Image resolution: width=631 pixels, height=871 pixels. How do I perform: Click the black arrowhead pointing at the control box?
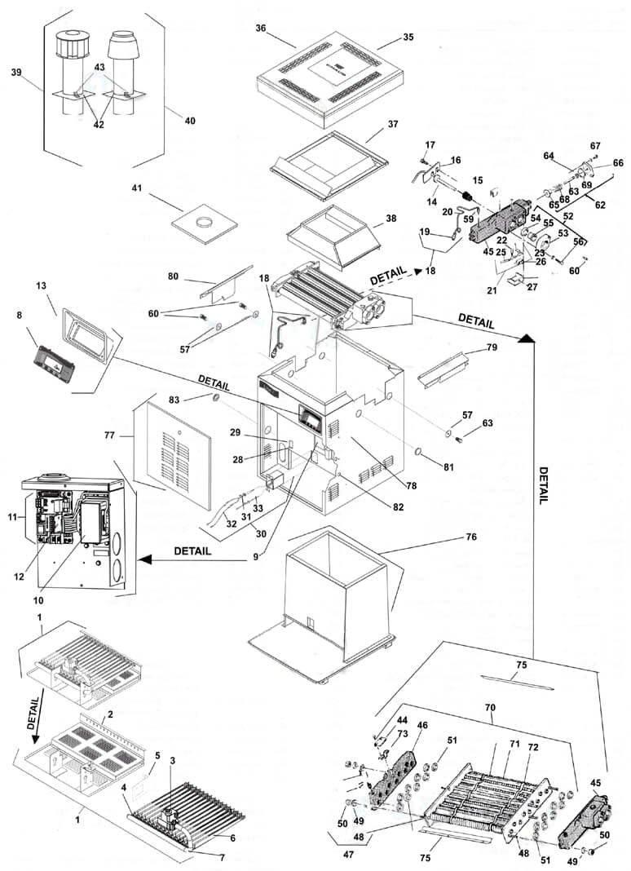(x=147, y=560)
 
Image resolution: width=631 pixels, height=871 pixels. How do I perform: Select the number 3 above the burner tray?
(x=172, y=760)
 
